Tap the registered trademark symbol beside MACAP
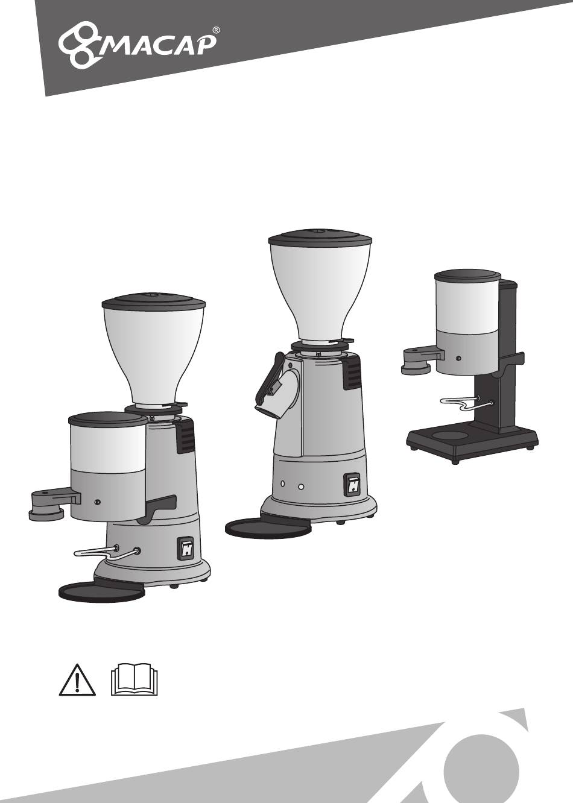point(215,31)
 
